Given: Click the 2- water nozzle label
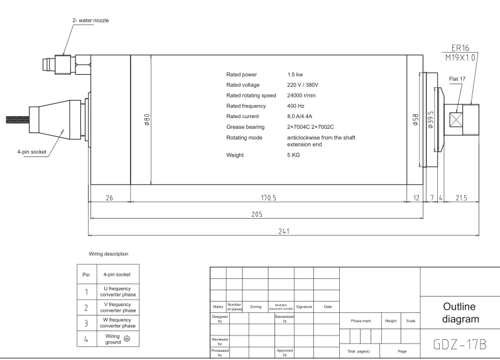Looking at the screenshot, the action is coord(90,20).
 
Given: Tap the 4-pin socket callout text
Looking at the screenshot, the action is coord(32,152).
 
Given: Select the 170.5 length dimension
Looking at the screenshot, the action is coord(268,198).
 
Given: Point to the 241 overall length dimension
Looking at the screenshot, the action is coord(284,231).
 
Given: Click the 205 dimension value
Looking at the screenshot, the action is coord(257,214).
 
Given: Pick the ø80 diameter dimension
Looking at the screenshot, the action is coord(147,119).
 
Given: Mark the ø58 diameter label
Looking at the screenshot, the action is coord(415,119).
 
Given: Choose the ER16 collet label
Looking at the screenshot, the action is coord(460,48).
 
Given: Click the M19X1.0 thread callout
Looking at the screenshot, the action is coord(460,57).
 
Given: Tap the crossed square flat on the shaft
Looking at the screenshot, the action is coord(456,120).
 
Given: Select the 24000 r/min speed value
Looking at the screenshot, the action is coord(301,95).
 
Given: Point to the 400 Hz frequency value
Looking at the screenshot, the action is coord(296,106).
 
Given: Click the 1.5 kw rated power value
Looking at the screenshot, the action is coord(295,75).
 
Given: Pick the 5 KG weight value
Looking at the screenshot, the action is coord(293,155).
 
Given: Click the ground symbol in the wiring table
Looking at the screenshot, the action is coord(127,339).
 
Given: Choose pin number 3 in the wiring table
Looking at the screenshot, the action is coord(86,324).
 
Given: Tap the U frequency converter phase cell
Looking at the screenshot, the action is coord(117,292).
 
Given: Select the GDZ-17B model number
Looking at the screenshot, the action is coord(460,345).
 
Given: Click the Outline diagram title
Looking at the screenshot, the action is coord(460,313).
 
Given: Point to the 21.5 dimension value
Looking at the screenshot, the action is coord(461,198).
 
